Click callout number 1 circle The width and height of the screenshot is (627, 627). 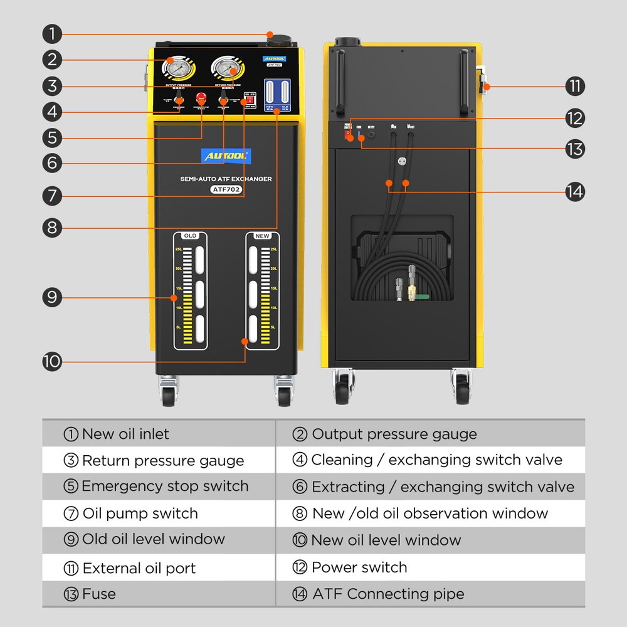coord(53,33)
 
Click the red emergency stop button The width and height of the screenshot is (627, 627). coord(202,98)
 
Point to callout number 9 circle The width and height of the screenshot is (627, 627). coord(53,297)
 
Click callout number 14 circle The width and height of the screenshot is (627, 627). coord(574,191)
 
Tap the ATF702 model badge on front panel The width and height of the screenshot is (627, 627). coord(225,189)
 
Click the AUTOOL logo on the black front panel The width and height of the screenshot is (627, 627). coord(225,154)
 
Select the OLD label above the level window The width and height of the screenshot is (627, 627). coord(190,236)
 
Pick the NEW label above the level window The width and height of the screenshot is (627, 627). coord(261,236)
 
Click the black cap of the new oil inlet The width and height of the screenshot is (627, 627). coord(277,40)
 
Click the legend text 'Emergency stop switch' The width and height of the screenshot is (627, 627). coord(165,487)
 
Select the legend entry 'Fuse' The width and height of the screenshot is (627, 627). coord(99,594)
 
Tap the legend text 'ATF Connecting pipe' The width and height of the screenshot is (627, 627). coord(388,594)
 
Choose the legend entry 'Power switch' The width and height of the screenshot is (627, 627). coord(359,567)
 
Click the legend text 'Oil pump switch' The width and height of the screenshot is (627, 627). coord(140,514)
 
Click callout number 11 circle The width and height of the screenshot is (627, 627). coord(574,86)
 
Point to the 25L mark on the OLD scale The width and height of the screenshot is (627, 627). coord(179,250)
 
